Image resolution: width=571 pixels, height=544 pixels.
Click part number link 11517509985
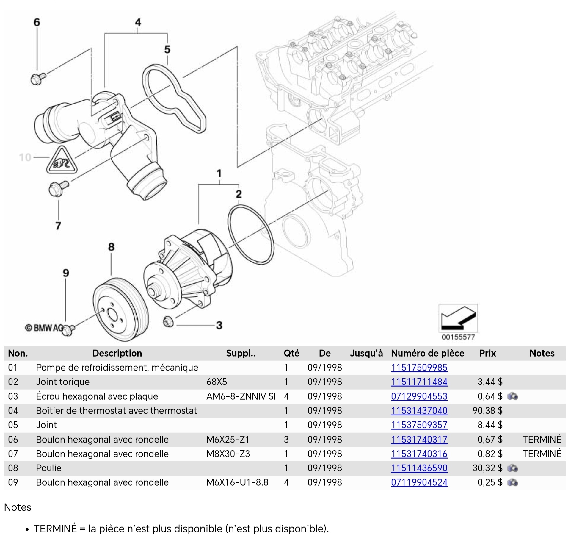coord(419,368)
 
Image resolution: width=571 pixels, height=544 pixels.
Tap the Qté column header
coord(291,353)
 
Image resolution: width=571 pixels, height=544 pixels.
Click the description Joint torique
coord(63,382)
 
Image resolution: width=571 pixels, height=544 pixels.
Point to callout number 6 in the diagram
coord(37,22)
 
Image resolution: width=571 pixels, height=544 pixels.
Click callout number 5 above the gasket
coord(167,49)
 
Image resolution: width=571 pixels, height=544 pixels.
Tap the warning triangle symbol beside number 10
coord(62,161)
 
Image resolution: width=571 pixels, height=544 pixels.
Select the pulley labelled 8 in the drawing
coord(120,309)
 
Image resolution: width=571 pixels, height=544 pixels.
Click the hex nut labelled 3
coord(168,322)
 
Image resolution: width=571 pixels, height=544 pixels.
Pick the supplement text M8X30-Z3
coord(228,454)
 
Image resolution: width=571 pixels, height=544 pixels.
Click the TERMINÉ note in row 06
coord(542,440)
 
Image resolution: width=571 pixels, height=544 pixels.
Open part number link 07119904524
coord(419,482)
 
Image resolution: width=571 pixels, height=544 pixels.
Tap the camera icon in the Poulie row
coord(512,468)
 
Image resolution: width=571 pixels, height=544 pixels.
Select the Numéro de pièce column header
coord(427,353)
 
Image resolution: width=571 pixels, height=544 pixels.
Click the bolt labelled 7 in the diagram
coord(58,188)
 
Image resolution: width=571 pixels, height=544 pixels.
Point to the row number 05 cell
coord(13,425)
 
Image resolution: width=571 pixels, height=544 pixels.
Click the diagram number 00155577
coord(458,337)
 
